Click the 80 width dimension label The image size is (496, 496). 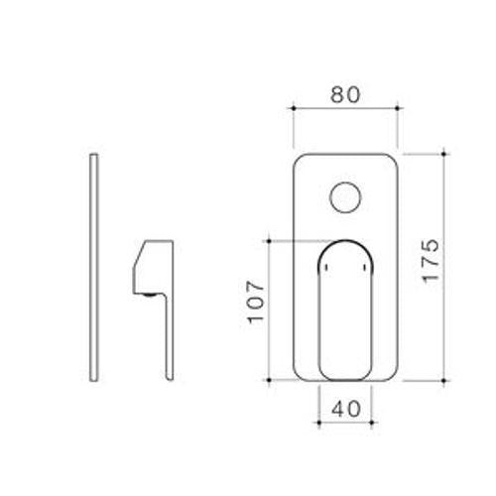tap(345, 94)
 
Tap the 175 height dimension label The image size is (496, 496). tap(432, 261)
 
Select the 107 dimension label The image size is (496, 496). tap(256, 303)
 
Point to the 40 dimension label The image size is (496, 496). tap(346, 409)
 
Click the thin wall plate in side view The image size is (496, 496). tap(94, 268)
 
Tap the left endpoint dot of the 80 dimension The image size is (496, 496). tap(294, 108)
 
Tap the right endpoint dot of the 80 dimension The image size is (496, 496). tap(398, 108)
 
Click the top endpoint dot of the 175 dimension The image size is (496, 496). tap(443, 154)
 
